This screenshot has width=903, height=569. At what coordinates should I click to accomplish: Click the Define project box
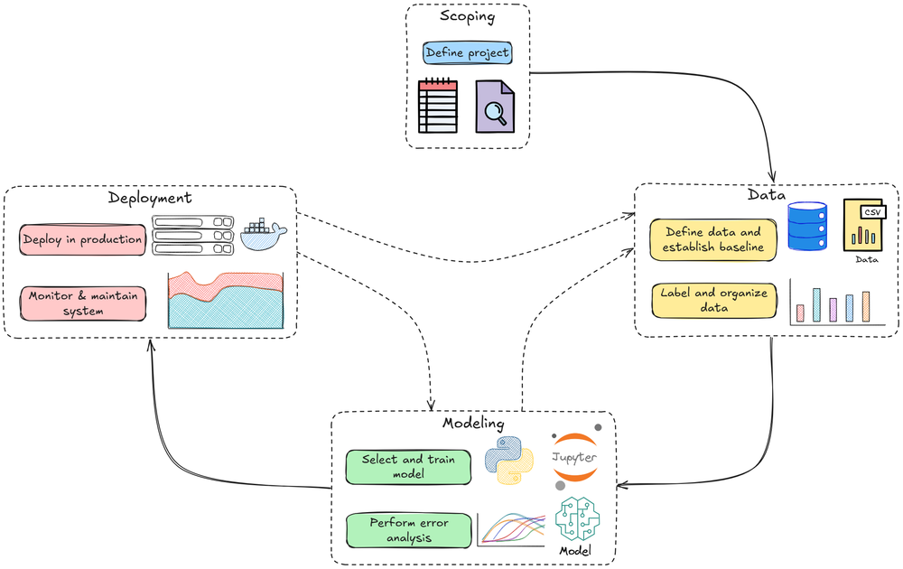coord(467,52)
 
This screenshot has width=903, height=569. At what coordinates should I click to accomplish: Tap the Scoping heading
coord(467,16)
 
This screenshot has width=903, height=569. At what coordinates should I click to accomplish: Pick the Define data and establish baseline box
coord(712,239)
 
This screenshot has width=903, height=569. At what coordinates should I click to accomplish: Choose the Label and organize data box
coord(712,300)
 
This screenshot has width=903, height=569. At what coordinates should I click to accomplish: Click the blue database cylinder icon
coord(806,226)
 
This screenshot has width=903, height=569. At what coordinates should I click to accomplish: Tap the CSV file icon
coord(865,225)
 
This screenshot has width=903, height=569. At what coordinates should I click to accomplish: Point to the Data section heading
coord(766,194)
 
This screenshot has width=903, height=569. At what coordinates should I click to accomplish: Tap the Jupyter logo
coord(573,458)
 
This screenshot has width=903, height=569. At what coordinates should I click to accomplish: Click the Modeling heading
coord(473,423)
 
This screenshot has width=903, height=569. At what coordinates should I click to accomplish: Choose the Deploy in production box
coord(82,239)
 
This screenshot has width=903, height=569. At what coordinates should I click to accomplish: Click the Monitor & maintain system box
coord(82,303)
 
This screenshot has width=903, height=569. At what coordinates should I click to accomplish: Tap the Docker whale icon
coord(264,236)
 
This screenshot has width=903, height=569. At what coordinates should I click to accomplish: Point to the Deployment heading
coord(150,198)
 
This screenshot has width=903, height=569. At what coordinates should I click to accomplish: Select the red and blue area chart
coord(226,300)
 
